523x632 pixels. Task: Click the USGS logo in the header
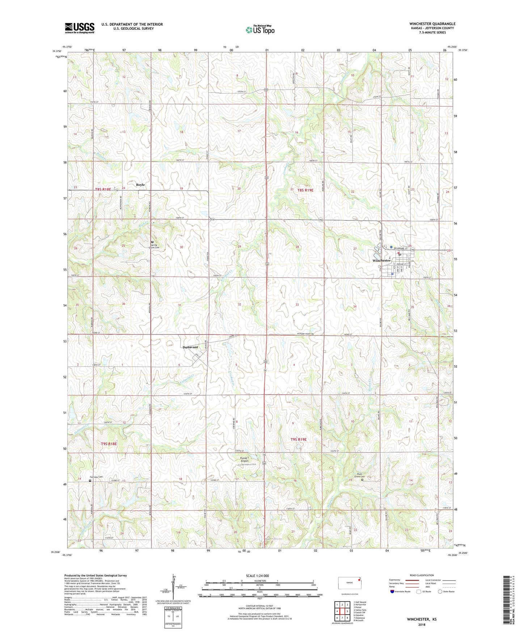pyautogui.click(x=80, y=28)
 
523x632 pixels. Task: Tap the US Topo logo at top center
pyautogui.click(x=260, y=30)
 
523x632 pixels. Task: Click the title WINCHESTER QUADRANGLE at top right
pyautogui.click(x=433, y=24)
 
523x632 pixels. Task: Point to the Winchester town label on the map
pyautogui.click(x=381, y=260)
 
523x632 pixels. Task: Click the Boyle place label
pyautogui.click(x=140, y=185)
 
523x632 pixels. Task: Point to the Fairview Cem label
pyautogui.click(x=96, y=477)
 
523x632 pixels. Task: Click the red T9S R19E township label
pyautogui.click(x=298, y=439)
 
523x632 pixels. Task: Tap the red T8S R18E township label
pyautogui.click(x=103, y=189)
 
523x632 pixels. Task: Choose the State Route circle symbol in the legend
pyautogui.click(x=440, y=591)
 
